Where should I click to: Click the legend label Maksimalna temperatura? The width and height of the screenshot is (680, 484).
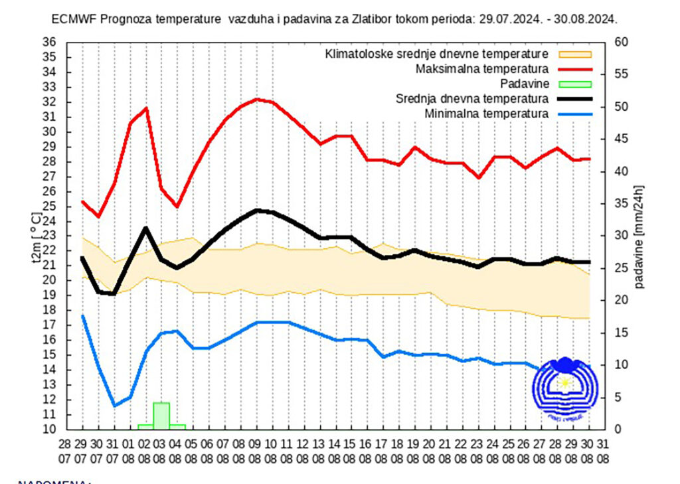tap(481, 68)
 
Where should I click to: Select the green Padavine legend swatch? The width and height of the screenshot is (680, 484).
tap(574, 84)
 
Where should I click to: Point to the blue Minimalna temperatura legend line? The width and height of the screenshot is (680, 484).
tap(574, 114)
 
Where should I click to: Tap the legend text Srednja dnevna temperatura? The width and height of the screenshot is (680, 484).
tap(472, 98)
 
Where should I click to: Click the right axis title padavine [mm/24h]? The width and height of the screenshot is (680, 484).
tap(639, 236)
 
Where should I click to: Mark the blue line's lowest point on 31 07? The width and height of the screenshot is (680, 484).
tap(114, 406)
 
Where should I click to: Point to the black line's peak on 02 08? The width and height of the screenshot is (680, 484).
tap(146, 228)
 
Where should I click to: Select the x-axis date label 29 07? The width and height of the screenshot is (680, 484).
tap(81, 450)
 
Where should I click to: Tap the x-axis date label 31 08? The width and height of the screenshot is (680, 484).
tap(602, 450)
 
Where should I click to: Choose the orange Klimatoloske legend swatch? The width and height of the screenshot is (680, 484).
tap(574, 54)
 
